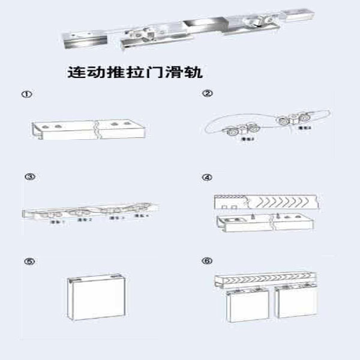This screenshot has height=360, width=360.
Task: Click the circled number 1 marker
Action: tap(26, 95)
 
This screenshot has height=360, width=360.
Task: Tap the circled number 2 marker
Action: tap(207, 94)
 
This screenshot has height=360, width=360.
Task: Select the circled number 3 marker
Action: tap(28, 176)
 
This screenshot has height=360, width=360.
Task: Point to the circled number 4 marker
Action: tap(207, 178)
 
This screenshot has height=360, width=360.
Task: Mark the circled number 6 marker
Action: tap(207, 261)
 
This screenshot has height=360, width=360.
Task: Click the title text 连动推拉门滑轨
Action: tap(135, 73)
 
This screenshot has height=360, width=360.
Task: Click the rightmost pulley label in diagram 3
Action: tap(142, 216)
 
